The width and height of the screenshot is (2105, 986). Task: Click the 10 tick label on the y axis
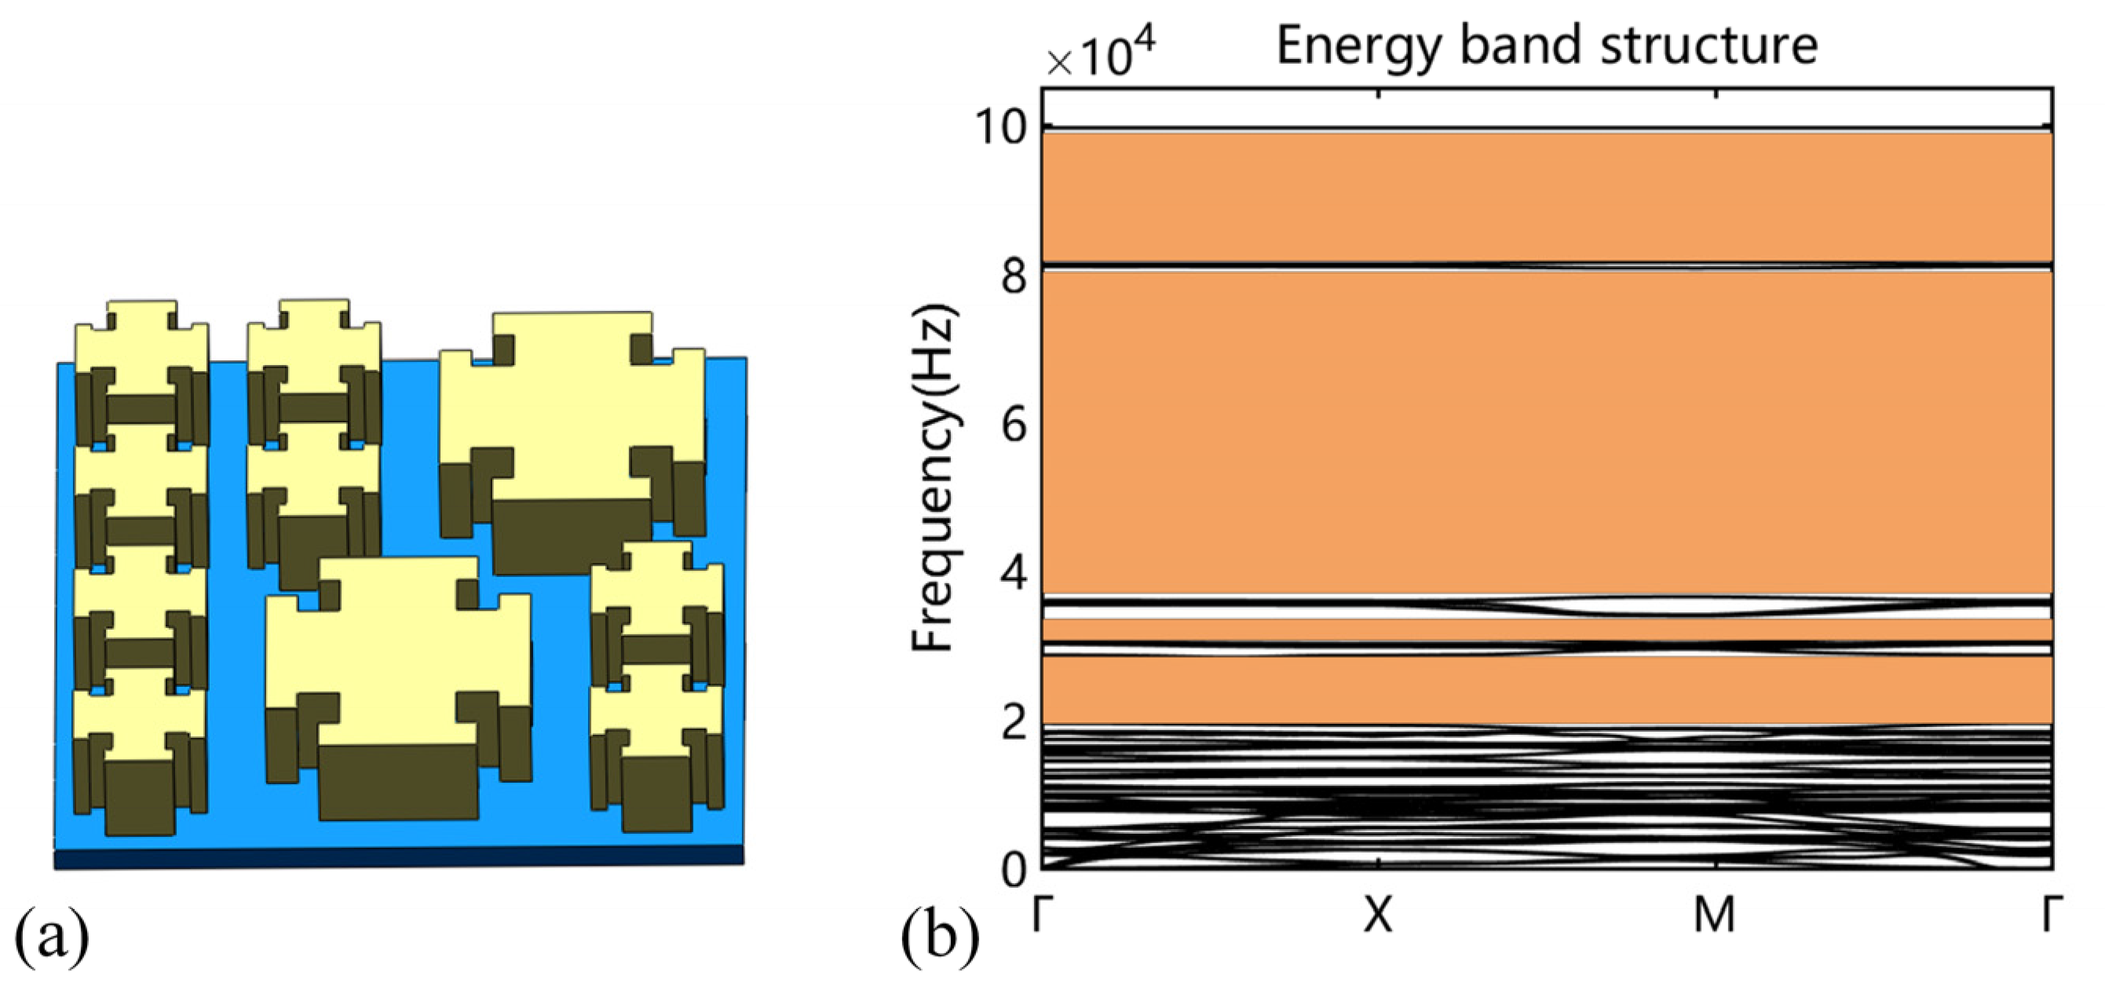(1001, 128)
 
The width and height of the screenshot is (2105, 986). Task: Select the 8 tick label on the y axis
(1014, 278)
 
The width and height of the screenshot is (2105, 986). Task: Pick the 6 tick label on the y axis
(1014, 425)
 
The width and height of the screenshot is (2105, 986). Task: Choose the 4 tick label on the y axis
(1014, 575)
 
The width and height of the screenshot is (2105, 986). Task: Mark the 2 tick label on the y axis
(1014, 722)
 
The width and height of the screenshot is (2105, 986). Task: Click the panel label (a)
(52, 939)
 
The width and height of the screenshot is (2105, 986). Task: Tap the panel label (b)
(939, 939)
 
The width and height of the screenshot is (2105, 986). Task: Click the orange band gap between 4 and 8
(1546, 433)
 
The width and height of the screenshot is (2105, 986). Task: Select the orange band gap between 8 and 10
(1546, 196)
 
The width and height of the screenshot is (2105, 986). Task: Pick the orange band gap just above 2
(1546, 690)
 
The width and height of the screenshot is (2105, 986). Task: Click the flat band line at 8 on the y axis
(1546, 266)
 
